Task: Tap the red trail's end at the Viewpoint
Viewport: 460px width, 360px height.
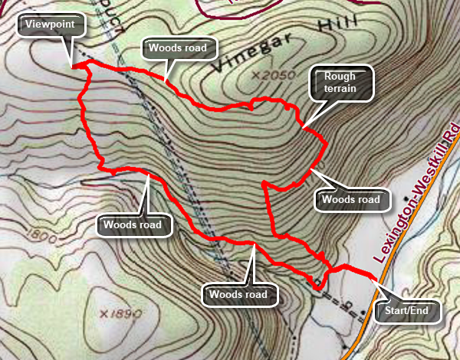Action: point(74,67)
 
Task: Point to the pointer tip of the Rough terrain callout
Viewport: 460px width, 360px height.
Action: point(302,126)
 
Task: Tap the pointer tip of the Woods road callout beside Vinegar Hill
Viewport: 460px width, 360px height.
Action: point(165,80)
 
